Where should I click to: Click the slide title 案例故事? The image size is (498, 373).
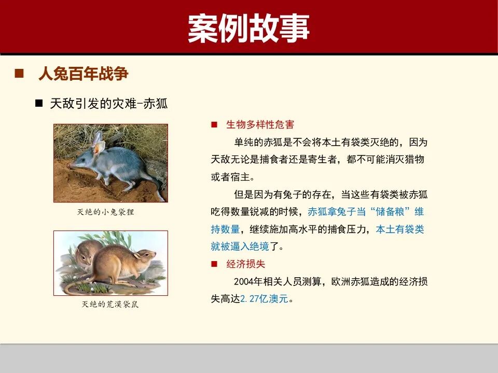tap(248, 28)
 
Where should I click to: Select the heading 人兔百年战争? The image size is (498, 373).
tap(83, 74)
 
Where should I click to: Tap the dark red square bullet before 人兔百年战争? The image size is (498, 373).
tap(20, 74)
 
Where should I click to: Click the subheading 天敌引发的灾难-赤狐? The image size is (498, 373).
tap(109, 103)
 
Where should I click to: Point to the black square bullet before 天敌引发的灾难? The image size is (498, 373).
tap(38, 103)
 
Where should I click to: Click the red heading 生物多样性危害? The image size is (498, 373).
tap(260, 125)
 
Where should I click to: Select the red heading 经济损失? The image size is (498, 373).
tap(245, 264)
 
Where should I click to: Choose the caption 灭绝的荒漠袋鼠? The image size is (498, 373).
tap(110, 305)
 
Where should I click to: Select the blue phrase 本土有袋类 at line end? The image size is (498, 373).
tap(400, 229)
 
